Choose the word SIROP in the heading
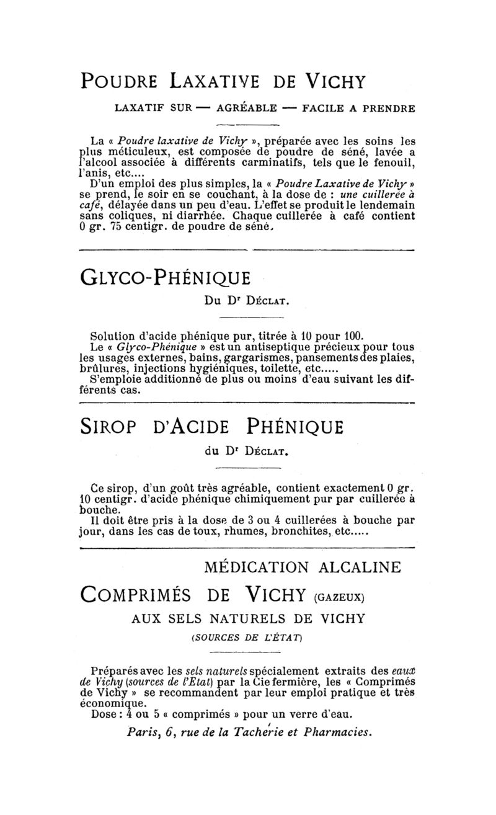[110, 427]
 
